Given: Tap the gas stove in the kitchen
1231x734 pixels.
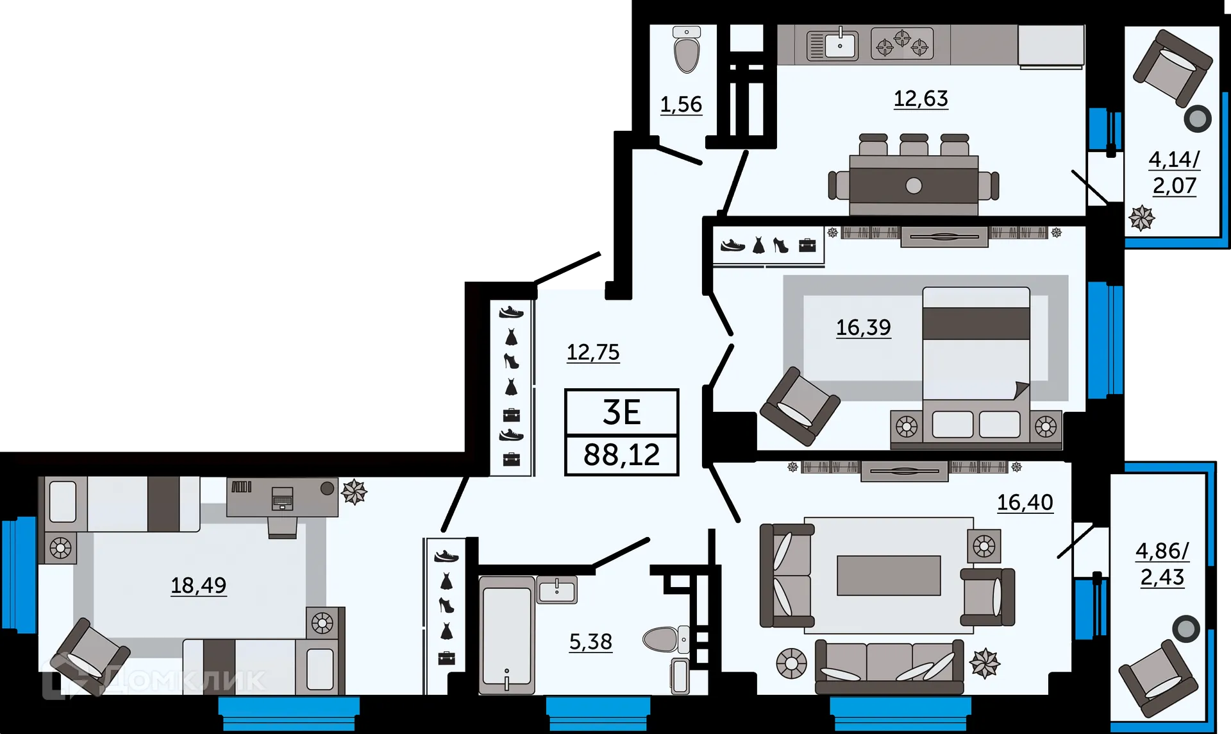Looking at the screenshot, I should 902,44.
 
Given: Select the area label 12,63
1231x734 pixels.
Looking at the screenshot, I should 921,99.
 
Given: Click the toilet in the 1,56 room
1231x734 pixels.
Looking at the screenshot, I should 687,51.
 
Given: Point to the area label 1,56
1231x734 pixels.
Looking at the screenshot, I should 681,105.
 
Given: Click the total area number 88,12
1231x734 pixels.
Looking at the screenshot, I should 621,455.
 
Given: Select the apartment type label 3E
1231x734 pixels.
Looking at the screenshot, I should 621,413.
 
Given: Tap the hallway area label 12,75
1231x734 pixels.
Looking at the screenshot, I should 593,352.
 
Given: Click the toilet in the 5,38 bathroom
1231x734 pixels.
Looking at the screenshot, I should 664,639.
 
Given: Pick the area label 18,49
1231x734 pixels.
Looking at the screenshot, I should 198,585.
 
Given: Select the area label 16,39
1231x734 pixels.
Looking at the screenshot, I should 863,328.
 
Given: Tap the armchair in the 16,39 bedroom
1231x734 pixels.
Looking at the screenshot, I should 799,405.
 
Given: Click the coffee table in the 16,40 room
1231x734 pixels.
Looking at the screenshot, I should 889,576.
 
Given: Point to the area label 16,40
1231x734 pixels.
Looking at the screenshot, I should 1025,502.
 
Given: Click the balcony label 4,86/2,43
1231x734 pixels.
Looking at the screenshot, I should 1162,564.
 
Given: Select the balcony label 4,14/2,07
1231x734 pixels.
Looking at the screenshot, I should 1174,172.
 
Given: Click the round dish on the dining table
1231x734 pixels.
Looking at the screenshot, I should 914,186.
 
